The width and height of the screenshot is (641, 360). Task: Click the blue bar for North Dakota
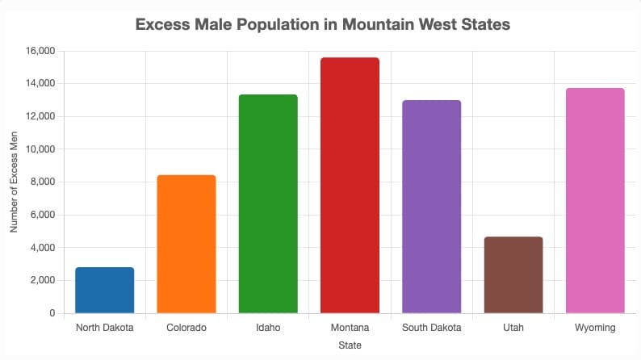(x=105, y=290)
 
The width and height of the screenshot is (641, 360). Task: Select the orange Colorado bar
(x=186, y=244)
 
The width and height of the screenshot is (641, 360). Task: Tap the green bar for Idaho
(x=268, y=203)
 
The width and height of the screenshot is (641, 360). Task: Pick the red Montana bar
(x=350, y=185)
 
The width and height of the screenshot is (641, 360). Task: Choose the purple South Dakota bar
(x=431, y=207)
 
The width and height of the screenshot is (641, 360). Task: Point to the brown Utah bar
(x=513, y=274)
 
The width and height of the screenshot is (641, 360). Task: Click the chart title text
(x=323, y=25)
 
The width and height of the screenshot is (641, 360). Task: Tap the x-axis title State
(x=350, y=345)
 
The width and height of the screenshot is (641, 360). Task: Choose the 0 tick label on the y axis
(x=51, y=313)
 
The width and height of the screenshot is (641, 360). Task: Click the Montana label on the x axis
(x=350, y=328)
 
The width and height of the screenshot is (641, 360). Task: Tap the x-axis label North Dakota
(x=105, y=328)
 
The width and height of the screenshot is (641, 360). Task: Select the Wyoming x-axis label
(x=595, y=328)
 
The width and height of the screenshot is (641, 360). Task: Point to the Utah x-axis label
(x=513, y=328)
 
